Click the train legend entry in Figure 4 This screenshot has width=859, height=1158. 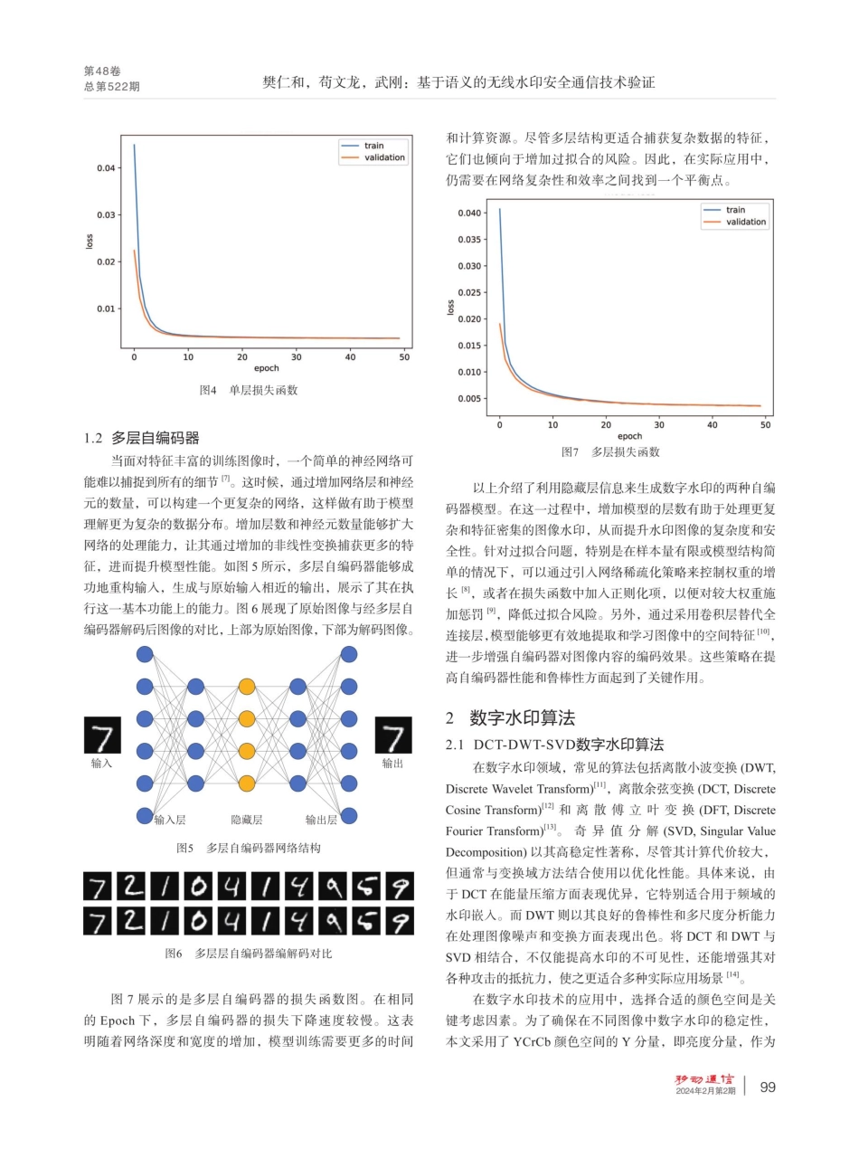click(x=373, y=145)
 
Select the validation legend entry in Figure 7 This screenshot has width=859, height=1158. click(x=746, y=222)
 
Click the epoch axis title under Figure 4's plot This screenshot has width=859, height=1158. click(x=266, y=368)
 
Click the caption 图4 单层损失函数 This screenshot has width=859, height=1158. click(x=249, y=391)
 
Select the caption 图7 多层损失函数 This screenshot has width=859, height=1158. click(x=610, y=451)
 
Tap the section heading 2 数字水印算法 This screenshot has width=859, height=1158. click(x=510, y=718)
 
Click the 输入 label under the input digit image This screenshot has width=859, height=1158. click(x=102, y=764)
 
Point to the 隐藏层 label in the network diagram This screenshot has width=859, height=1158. click(x=247, y=820)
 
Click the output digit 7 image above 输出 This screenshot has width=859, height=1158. click(x=392, y=735)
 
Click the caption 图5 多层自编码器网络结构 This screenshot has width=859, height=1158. click(x=249, y=849)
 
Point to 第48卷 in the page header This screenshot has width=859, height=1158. click(x=101, y=71)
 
